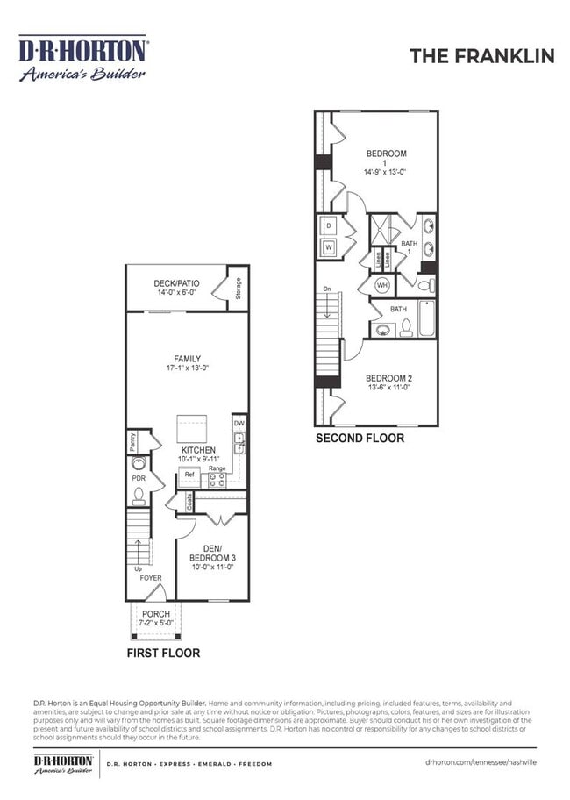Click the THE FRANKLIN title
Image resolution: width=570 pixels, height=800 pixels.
pos(481,56)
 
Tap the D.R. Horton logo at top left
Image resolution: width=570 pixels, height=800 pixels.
pos(83,59)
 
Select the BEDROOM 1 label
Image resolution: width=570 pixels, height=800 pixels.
pos(386,158)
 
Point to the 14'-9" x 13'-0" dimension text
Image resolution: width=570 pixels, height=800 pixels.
pos(386,173)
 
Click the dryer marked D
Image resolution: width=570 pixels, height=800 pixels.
pos(329,226)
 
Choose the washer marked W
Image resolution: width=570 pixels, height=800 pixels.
pos(329,247)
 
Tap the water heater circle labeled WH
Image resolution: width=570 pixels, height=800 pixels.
pos(382,285)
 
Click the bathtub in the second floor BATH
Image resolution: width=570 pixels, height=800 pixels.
pos(426,320)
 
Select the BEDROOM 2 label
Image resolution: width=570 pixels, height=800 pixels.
pos(389,378)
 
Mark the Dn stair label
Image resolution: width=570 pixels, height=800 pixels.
pos(327,289)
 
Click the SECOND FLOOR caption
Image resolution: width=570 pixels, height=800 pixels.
pos(360,438)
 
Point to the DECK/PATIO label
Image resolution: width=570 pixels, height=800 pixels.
pos(177,283)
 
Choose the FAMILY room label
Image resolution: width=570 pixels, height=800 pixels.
pos(187,359)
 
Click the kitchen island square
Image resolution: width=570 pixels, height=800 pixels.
pos(192,429)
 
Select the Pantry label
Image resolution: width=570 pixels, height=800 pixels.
pos(132,440)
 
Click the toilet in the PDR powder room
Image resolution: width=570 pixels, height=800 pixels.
pos(139,496)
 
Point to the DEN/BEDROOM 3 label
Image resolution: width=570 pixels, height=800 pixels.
pos(214,553)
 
